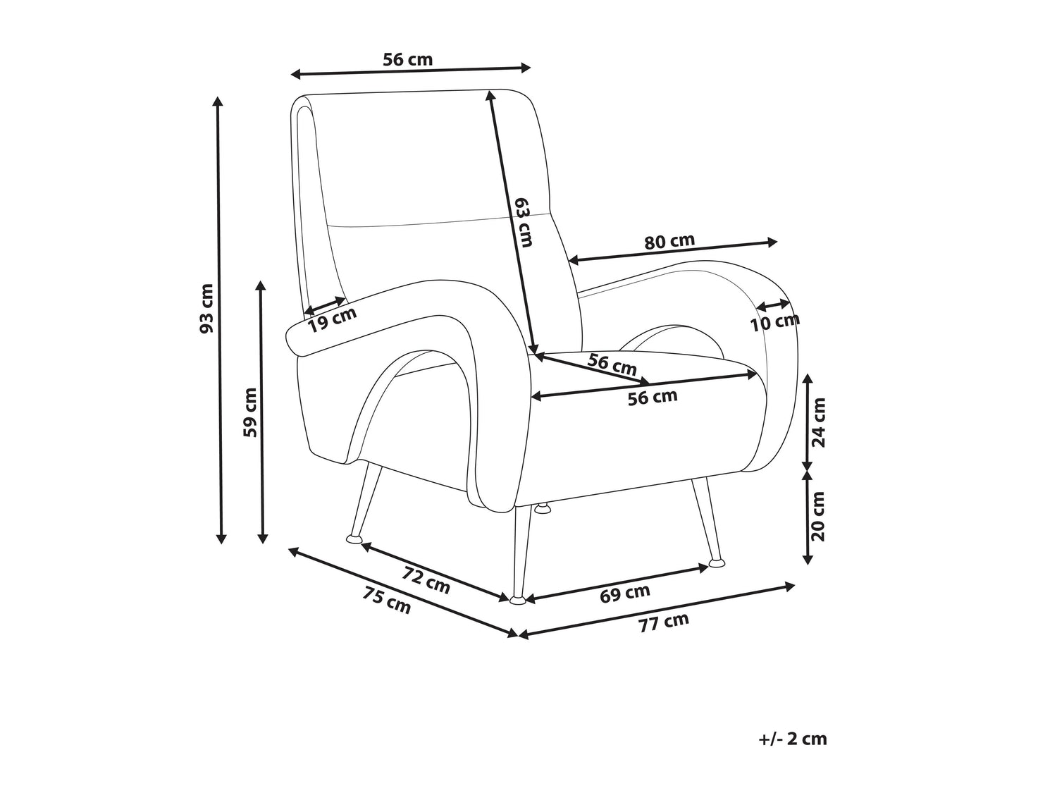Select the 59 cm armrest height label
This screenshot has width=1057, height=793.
(x=250, y=412)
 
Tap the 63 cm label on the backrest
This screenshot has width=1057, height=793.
(x=524, y=223)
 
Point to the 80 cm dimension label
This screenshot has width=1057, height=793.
(x=669, y=241)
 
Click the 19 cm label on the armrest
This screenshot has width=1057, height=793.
(x=333, y=319)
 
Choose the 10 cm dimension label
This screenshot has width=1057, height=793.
(x=775, y=322)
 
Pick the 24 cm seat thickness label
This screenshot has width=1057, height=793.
(x=818, y=422)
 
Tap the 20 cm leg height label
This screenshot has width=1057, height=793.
(x=818, y=516)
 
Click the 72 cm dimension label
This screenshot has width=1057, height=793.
(x=426, y=579)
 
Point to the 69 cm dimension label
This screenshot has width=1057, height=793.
(x=624, y=594)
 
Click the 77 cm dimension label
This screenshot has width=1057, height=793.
(x=664, y=622)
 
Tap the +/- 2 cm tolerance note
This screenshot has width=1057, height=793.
(x=793, y=751)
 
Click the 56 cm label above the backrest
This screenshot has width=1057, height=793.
(x=408, y=59)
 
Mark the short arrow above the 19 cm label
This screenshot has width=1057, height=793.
(x=325, y=306)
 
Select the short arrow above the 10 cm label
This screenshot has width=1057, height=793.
(x=773, y=305)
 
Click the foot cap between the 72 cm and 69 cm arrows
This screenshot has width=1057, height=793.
(x=518, y=600)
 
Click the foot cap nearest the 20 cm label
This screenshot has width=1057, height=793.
(x=717, y=561)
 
